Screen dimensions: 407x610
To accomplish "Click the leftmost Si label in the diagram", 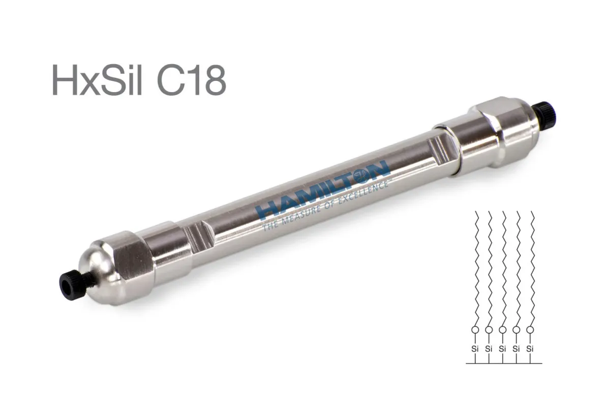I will tap(475, 349).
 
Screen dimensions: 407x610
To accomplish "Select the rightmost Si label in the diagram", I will tap(530, 349).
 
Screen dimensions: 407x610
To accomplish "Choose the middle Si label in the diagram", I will tap(502, 349).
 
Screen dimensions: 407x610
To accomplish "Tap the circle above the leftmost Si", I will tap(475, 330).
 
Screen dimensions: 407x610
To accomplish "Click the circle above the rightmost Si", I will tap(530, 330).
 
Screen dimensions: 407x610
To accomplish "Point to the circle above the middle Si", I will tap(502, 330).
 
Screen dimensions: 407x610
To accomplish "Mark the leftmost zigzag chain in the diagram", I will tap(475, 265).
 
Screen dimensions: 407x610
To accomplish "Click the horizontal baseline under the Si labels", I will tap(503, 364).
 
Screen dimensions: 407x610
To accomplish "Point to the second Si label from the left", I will tap(489, 349).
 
